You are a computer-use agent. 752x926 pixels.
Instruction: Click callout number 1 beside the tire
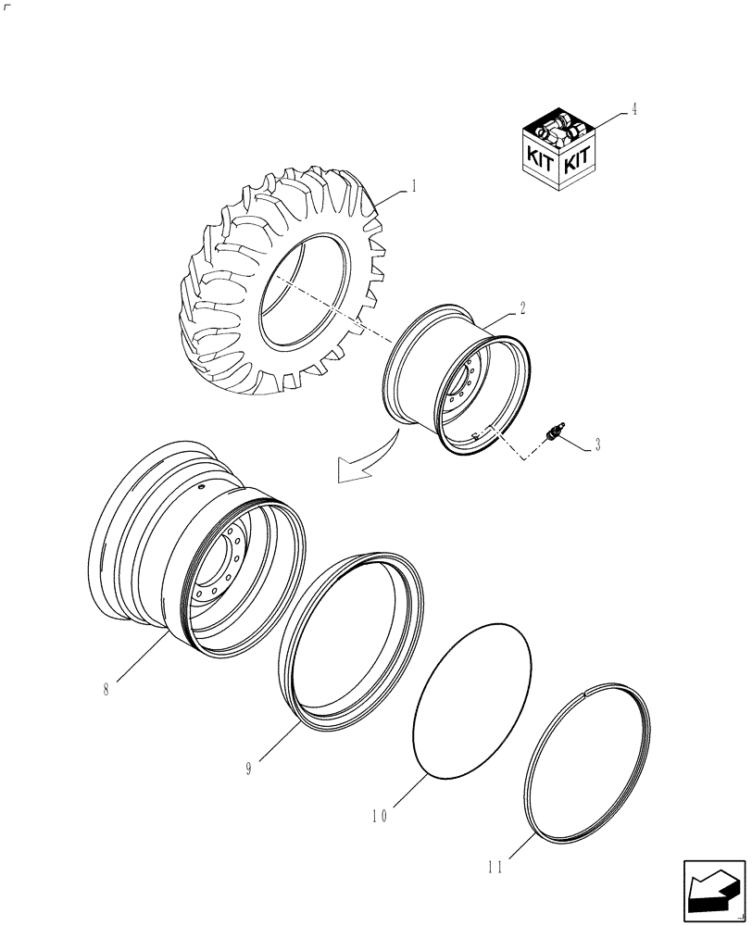tap(414, 185)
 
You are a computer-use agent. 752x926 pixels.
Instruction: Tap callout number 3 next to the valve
tap(597, 445)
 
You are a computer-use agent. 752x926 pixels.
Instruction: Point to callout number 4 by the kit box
tap(633, 109)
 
